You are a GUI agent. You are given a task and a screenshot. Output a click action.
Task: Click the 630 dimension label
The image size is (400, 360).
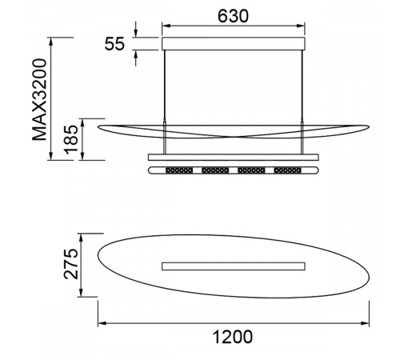[x=233, y=16]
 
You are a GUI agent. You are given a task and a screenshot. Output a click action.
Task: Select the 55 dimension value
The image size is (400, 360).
[x=114, y=44]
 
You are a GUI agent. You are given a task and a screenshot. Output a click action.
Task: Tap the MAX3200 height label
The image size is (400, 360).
[x=39, y=99]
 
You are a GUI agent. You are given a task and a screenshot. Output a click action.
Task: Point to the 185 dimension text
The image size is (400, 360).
[x=71, y=140]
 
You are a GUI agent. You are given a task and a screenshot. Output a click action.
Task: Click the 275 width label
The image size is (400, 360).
[x=71, y=264]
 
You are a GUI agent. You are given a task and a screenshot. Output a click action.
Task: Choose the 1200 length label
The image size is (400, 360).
[x=233, y=337]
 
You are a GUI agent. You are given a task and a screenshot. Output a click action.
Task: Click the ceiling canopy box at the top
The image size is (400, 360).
[x=234, y=44]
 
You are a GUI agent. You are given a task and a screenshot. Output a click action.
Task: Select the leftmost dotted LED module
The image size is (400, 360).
[x=179, y=170]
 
